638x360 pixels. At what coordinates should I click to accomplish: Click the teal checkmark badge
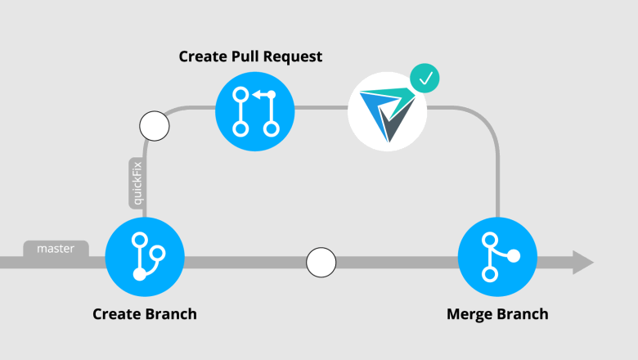pyautogui.click(x=425, y=79)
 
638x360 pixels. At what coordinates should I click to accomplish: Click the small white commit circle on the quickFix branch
pyautogui.click(x=154, y=126)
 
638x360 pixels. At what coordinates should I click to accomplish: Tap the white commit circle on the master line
pyautogui.click(x=321, y=263)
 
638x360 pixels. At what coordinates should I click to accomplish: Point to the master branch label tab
pyautogui.click(x=56, y=249)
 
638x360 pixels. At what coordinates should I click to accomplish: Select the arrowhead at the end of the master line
pyautogui.click(x=582, y=263)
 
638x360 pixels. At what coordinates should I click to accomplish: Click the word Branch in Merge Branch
pyautogui.click(x=523, y=314)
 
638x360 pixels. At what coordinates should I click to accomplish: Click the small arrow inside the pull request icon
pyautogui.click(x=259, y=96)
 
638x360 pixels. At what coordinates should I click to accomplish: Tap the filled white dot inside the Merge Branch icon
pyautogui.click(x=514, y=256)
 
